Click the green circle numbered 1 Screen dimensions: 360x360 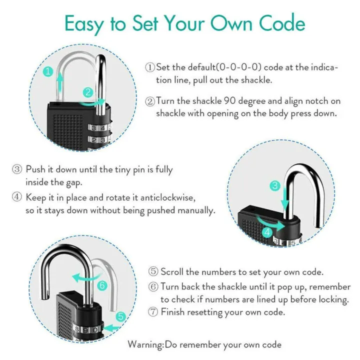[47, 71]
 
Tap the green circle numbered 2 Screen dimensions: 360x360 [88, 92]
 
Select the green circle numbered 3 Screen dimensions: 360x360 [274, 186]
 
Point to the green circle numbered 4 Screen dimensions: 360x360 [268, 231]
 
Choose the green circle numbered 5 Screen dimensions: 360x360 [120, 316]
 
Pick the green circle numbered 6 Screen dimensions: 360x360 [102, 286]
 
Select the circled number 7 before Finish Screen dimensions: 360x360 [153, 312]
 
